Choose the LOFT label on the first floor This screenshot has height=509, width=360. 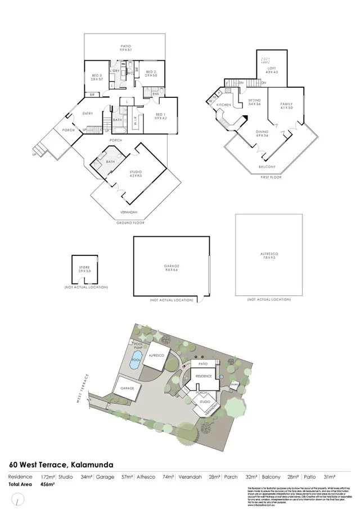(272, 70)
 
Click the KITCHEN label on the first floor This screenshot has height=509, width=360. (224, 105)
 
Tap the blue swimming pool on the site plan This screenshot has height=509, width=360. (135, 363)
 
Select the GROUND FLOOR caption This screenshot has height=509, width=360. (130, 223)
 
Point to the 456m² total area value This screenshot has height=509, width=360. (48, 484)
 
